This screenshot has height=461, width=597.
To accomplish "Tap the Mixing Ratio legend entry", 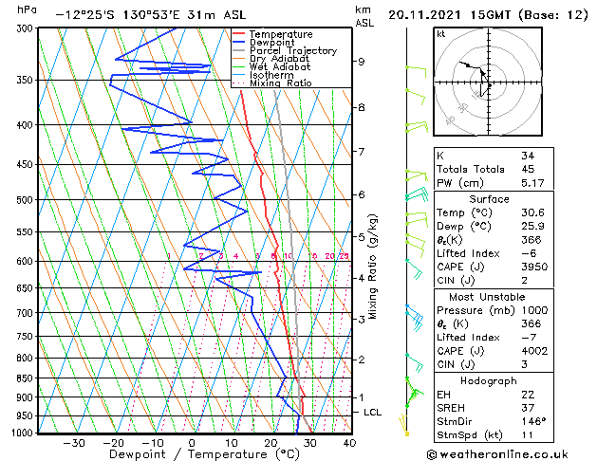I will (280, 83).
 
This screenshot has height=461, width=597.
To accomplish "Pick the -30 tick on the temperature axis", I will (73, 443).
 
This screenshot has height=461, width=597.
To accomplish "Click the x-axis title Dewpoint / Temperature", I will (190, 454).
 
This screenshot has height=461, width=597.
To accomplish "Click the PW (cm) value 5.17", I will (532, 183).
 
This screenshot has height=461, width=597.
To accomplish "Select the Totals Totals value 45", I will (527, 169).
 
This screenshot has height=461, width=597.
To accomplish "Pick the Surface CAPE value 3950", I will (532, 267).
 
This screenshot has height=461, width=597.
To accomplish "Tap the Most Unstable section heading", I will (489, 296).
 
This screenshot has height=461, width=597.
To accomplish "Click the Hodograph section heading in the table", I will (489, 379).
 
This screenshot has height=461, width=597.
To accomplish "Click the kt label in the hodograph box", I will (441, 33).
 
